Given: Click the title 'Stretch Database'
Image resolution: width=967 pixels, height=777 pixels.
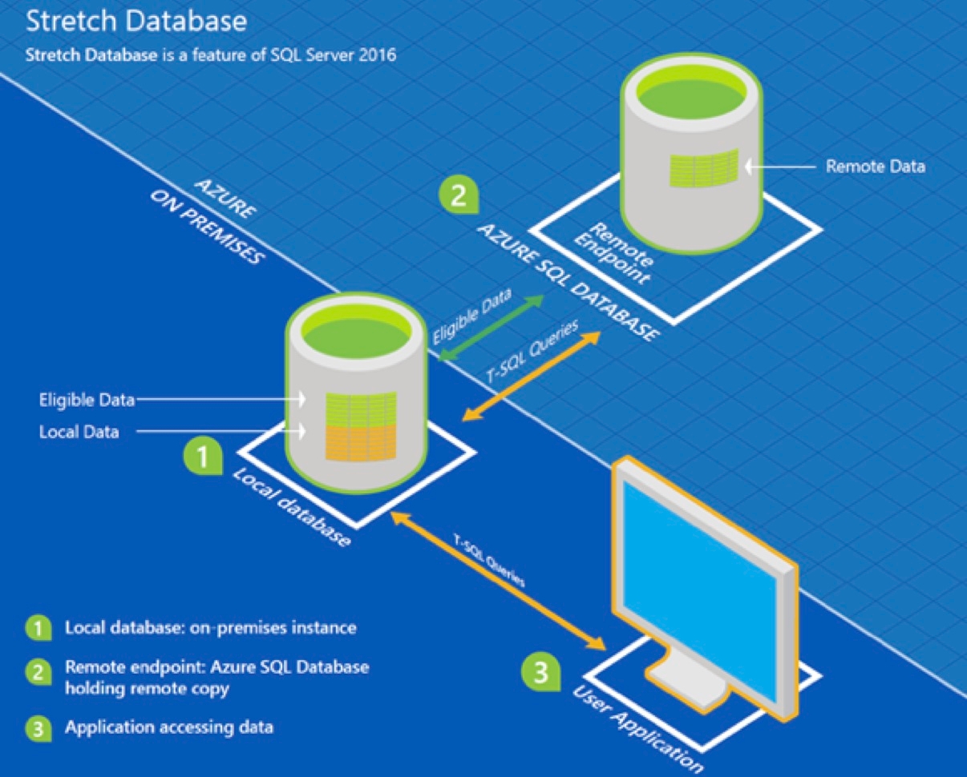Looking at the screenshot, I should point(136,22).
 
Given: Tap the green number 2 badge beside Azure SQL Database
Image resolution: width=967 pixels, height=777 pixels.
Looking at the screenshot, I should point(458,195).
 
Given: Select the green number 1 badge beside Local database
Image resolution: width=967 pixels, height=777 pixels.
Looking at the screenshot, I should point(202,457).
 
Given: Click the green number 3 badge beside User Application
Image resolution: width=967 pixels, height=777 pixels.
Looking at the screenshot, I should point(541,670).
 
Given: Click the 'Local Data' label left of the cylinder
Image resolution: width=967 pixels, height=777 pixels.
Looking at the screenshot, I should point(79,432).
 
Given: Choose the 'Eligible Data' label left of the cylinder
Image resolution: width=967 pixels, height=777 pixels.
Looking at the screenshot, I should point(87,398).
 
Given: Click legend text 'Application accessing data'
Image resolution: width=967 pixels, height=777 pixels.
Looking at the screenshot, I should point(169,727).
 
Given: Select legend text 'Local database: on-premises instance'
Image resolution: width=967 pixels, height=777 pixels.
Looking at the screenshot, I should point(210,627).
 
